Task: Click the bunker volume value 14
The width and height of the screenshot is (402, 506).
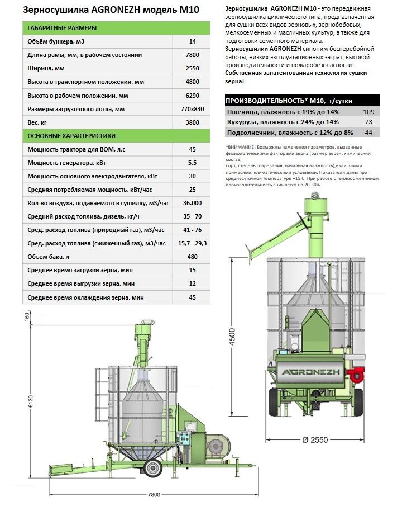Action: tap(193, 42)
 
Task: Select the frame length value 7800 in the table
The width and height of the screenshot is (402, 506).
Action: tap(193, 55)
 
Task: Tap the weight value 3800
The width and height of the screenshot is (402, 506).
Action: tap(193, 122)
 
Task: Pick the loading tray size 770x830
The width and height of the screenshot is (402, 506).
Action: tap(193, 108)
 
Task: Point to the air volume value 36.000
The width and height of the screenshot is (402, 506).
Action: tap(193, 203)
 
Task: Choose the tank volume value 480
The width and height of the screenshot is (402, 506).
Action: tap(193, 257)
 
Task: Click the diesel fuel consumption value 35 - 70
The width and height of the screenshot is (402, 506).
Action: tap(193, 216)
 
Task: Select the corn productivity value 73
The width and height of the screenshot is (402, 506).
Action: tap(368, 121)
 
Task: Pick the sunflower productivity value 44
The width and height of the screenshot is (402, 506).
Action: tap(368, 132)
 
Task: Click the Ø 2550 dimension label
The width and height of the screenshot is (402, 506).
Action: tap(314, 440)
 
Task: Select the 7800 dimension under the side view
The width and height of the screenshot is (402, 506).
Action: tap(154, 494)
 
